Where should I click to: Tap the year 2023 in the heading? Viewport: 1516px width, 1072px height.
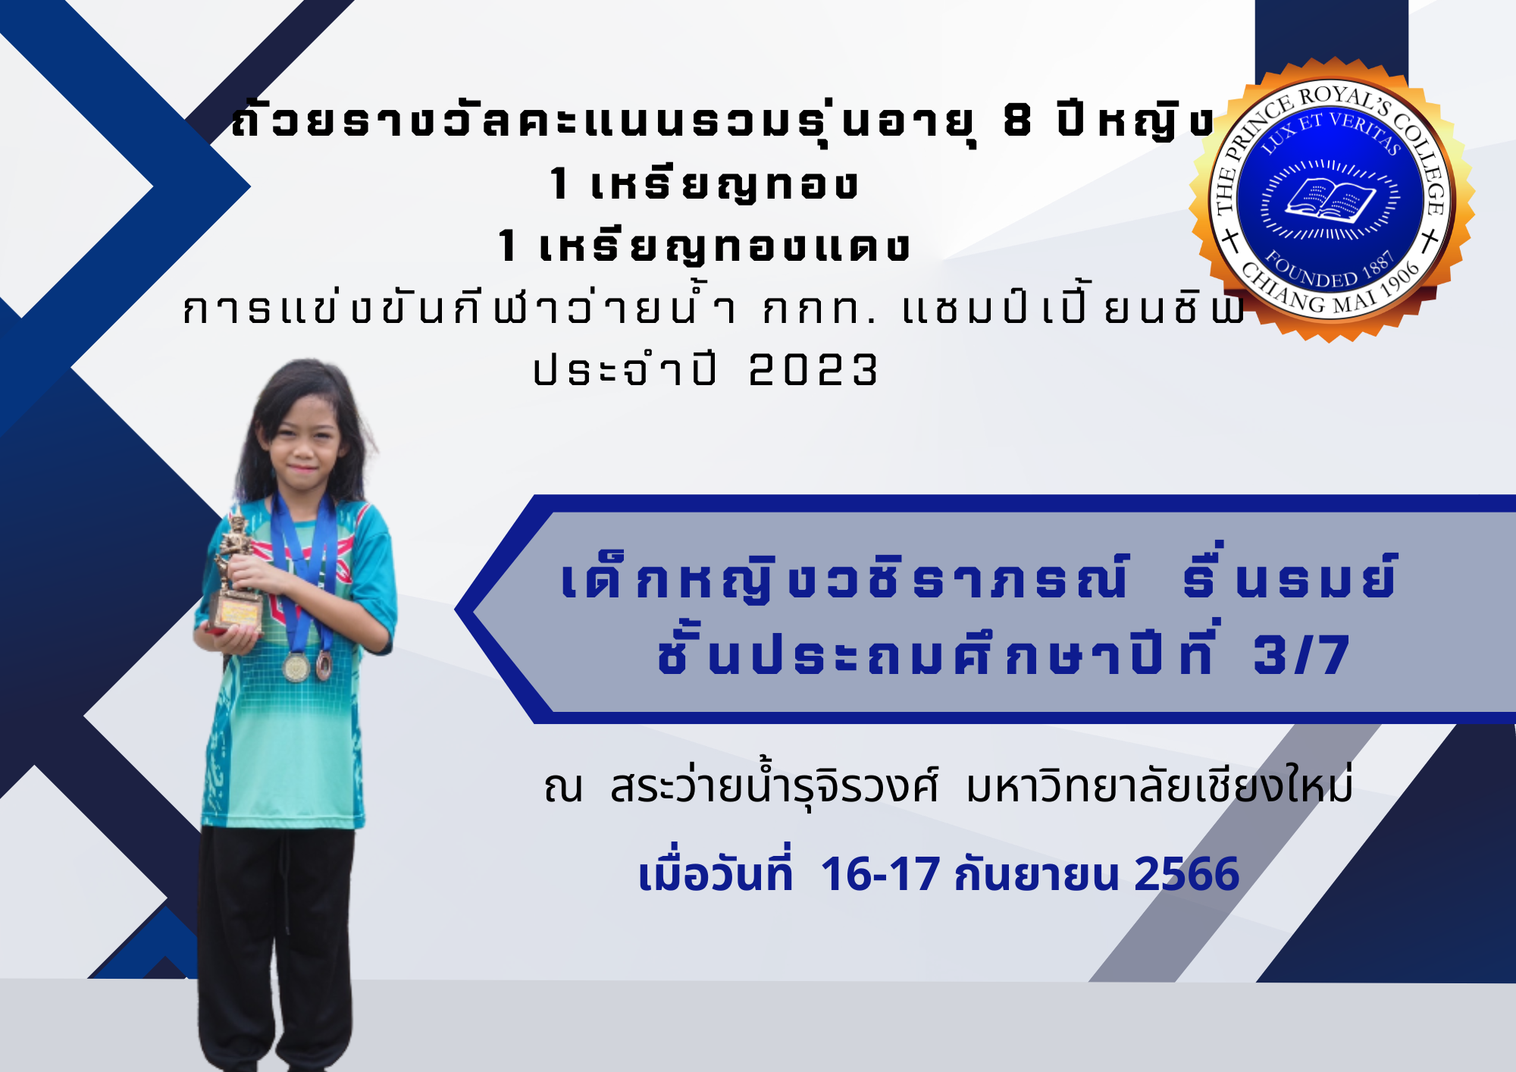[813, 371]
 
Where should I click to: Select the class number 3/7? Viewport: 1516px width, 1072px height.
[1301, 655]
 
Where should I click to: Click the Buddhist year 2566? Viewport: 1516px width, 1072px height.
[1186, 874]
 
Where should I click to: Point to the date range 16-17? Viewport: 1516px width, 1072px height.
[880, 874]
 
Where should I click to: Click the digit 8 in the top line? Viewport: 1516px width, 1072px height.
[1017, 121]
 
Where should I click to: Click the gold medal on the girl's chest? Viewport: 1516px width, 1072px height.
[296, 666]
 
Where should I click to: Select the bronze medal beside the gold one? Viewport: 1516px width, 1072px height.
[324, 664]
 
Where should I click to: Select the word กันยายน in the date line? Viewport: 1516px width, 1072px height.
[1038, 874]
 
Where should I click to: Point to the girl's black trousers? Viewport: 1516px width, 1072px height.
[277, 948]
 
